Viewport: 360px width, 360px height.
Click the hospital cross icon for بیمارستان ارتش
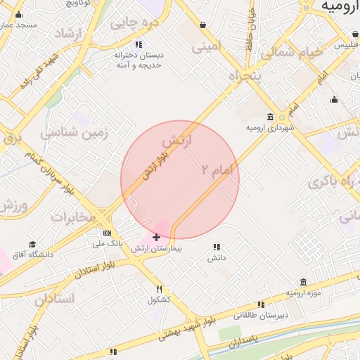156,238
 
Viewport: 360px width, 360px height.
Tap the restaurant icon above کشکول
160,289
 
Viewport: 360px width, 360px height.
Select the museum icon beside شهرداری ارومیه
271,117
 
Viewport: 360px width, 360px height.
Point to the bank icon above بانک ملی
107,233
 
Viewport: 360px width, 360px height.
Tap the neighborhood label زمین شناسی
74,132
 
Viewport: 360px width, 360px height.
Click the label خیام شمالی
291,53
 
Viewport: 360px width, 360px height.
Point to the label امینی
207,48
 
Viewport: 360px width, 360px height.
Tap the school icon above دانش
217,247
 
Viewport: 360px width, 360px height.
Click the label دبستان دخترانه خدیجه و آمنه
139,60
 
